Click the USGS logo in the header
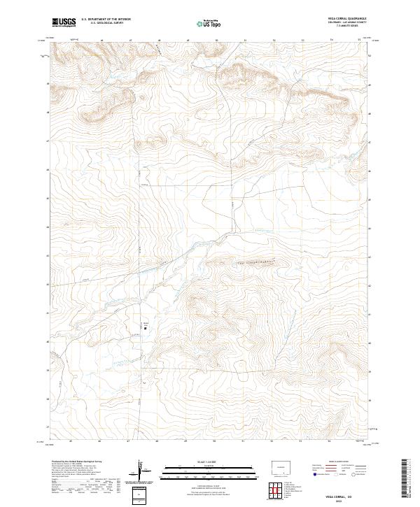[64, 22]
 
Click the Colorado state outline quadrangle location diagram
[283, 466]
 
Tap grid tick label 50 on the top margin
[217, 41]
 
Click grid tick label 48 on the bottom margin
[158, 441]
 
